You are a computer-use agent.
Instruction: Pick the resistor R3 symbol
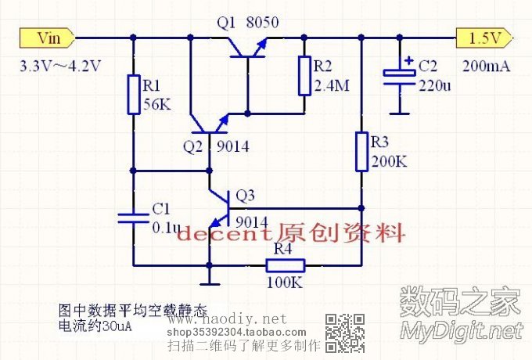361,152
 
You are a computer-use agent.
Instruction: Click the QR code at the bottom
344,332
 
